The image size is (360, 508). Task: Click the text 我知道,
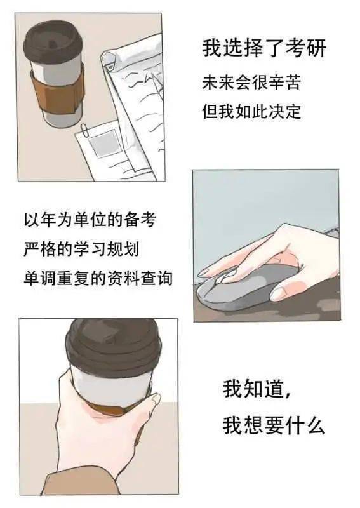257,389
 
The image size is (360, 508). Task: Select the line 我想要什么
274,425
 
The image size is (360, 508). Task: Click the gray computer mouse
254,289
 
